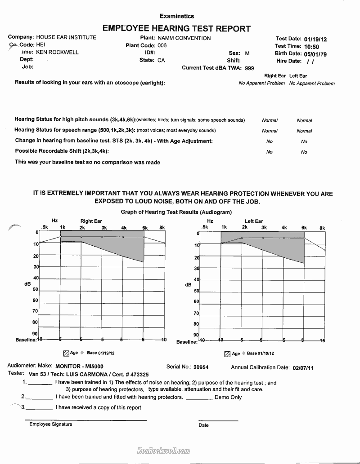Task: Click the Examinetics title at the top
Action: tap(177, 16)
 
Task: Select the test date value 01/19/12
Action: tap(315, 39)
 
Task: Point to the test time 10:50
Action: tap(311, 46)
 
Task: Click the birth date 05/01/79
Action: tap(315, 54)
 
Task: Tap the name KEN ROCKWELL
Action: tap(57, 52)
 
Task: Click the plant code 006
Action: tap(162, 45)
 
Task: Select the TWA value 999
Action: tap(249, 68)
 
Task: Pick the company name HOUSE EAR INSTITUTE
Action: tap(66, 37)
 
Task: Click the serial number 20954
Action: tap(201, 367)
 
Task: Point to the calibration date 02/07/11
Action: tap(303, 367)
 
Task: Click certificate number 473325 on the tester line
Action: tap(137, 374)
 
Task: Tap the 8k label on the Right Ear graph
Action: tap(162, 228)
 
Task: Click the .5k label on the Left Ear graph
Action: tap(205, 227)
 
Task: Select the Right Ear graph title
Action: tap(91, 221)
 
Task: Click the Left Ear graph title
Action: tap(254, 221)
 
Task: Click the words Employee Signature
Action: tap(50, 424)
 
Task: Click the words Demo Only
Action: tap(228, 397)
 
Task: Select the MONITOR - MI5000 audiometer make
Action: tap(79, 366)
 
